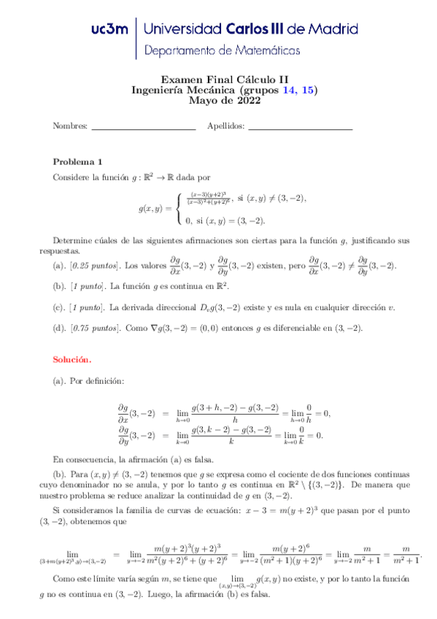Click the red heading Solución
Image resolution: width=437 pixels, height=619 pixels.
(72, 359)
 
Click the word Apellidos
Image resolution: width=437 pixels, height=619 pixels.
(226, 126)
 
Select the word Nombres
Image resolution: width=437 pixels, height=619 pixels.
(70, 126)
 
